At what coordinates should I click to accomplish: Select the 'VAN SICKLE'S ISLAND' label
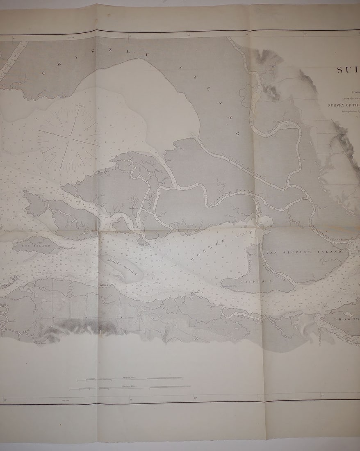[304, 252]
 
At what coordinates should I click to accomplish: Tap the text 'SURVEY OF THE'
[343, 105]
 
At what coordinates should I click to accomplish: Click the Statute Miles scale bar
[130, 378]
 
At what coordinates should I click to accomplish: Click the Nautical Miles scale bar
[130, 386]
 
